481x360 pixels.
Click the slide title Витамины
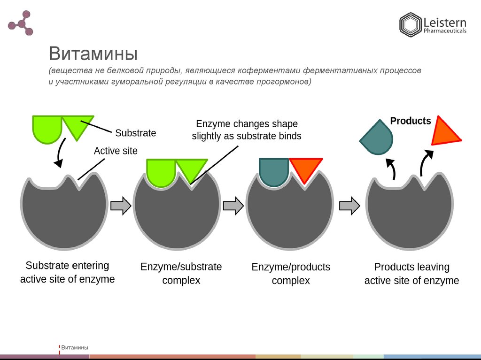point(93,54)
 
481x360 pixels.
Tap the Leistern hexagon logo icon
point(410,25)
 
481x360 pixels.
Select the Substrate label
point(135,133)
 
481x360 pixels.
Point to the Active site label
point(116,151)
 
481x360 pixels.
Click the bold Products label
point(411,121)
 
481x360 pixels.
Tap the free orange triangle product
point(443,132)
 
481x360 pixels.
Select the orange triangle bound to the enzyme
point(305,169)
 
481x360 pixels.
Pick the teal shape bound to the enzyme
point(274,171)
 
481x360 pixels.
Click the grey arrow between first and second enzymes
point(120,205)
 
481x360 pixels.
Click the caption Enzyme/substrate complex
point(181,274)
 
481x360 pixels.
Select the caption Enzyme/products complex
point(291,274)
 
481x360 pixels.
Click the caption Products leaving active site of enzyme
point(411,274)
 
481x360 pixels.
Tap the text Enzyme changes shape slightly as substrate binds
point(247,130)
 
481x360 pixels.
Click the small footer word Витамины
point(75,348)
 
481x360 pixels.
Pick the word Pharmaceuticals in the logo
point(445,31)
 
